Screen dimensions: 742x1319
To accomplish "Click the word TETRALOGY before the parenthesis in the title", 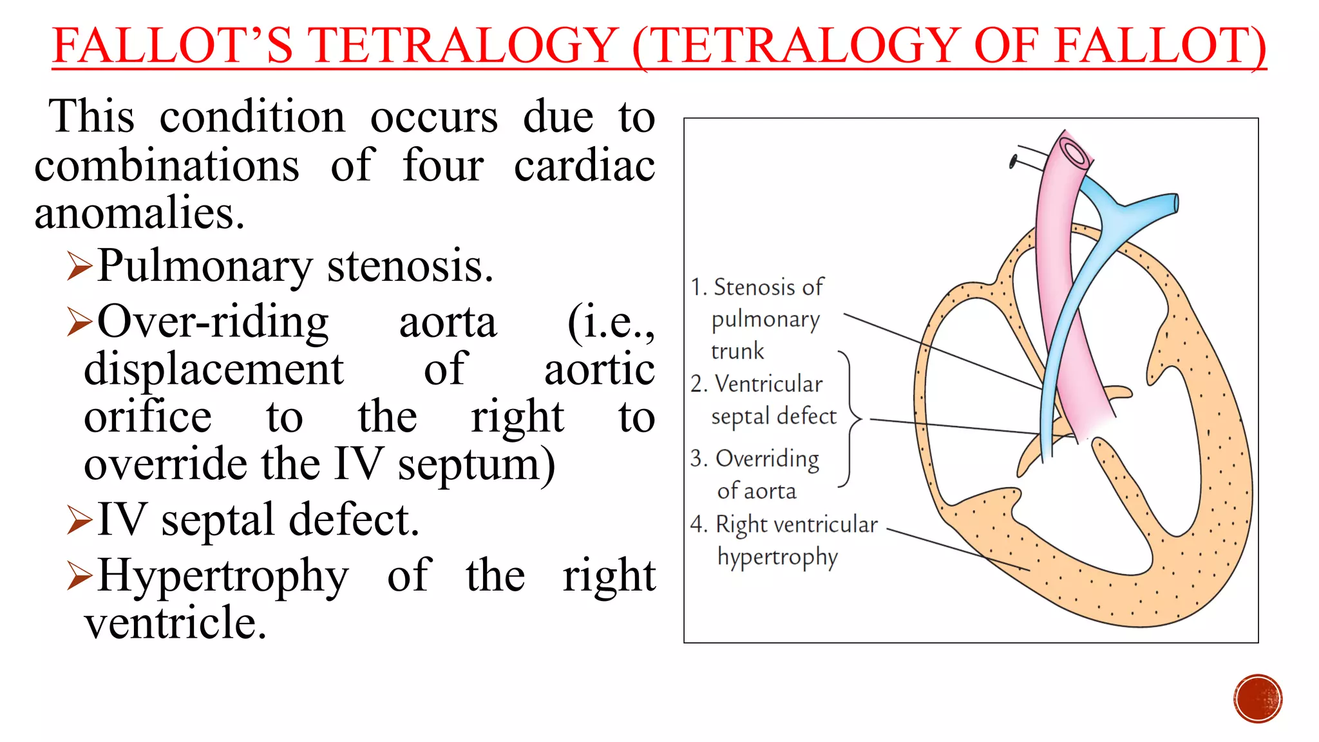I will [462, 46].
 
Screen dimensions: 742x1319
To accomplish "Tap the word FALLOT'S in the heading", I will [173, 46].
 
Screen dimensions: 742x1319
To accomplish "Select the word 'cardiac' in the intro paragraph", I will [584, 166].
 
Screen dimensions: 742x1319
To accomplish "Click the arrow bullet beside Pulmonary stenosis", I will [80, 267].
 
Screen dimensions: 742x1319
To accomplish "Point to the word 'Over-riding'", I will [213, 321].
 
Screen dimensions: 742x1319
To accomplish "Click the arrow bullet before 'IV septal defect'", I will [80, 520].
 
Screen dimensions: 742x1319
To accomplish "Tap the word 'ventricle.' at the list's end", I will [175, 623].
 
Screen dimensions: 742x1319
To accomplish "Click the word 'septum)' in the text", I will [476, 464].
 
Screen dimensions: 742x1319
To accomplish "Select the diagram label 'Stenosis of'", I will [768, 287].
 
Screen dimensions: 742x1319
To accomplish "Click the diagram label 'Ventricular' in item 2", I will [769, 384].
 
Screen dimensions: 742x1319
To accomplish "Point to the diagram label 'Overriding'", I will [767, 459].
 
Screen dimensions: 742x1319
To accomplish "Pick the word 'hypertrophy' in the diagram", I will [777, 557].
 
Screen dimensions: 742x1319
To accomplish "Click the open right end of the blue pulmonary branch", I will [1175, 204].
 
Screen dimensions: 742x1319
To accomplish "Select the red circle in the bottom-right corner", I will [1258, 699].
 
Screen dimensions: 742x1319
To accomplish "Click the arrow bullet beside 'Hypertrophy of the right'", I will [80, 576].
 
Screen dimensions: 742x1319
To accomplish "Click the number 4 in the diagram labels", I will [698, 524].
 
